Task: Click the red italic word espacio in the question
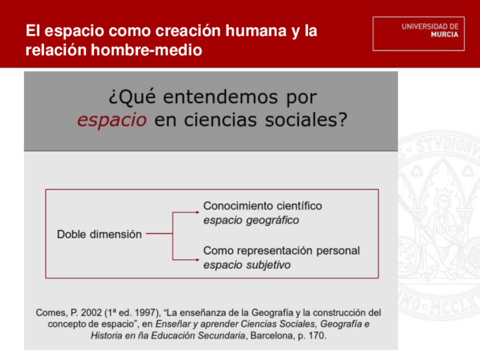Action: click(112, 119)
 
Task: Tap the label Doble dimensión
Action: click(99, 234)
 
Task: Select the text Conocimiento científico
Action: click(263, 206)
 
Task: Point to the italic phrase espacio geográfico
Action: click(251, 220)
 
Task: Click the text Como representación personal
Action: click(282, 250)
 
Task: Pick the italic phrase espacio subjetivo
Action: click(247, 265)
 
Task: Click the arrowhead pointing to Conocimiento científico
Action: click(198, 212)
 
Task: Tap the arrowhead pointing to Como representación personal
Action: click(198, 260)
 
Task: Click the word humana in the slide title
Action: click(256, 31)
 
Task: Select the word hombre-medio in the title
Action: click(147, 50)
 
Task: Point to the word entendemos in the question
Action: click(220, 97)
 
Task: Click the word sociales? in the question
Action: click(306, 119)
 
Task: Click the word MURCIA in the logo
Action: click(444, 35)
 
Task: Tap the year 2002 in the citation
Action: click(91, 313)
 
